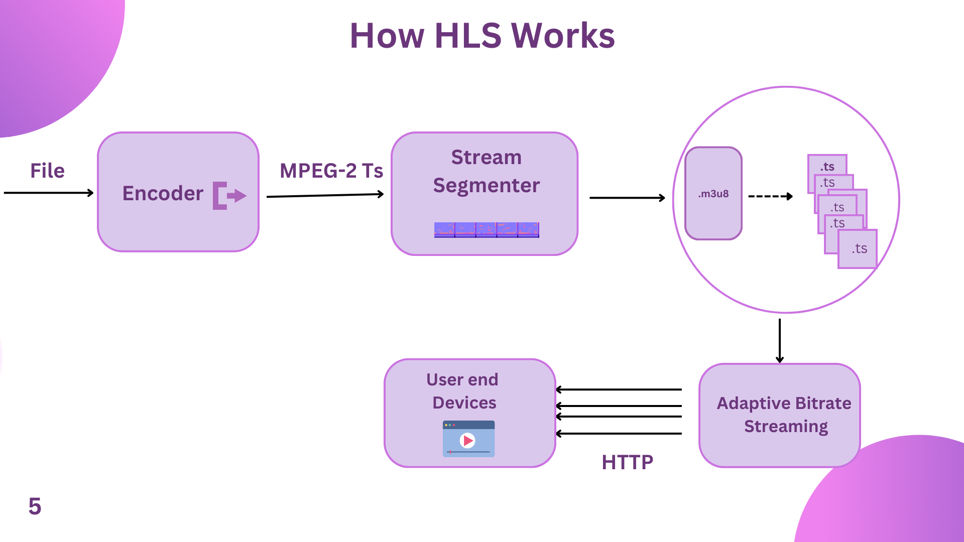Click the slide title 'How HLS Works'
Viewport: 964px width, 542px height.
click(482, 36)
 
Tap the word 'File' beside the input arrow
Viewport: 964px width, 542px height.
click(47, 171)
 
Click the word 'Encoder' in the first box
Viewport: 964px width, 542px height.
click(163, 193)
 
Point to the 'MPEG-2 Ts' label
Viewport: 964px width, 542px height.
click(331, 171)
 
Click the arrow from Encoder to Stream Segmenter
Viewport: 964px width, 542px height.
click(325, 195)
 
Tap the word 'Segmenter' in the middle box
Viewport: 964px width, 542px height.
click(486, 185)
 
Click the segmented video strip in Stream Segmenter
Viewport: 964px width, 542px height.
click(487, 230)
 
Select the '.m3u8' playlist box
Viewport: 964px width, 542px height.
click(713, 193)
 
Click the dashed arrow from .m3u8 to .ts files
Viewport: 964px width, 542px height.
click(770, 196)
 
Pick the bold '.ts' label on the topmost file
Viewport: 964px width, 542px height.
click(827, 166)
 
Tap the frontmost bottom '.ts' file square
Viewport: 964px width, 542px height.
click(858, 249)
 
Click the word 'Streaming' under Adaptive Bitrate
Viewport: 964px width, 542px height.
click(786, 426)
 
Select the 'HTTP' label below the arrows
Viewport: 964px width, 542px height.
click(627, 462)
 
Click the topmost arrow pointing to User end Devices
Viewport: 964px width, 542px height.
click(619, 389)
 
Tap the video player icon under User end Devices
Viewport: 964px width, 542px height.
click(468, 439)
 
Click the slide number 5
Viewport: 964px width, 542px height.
click(35, 506)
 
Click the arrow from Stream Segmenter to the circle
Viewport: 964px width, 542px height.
click(627, 198)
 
